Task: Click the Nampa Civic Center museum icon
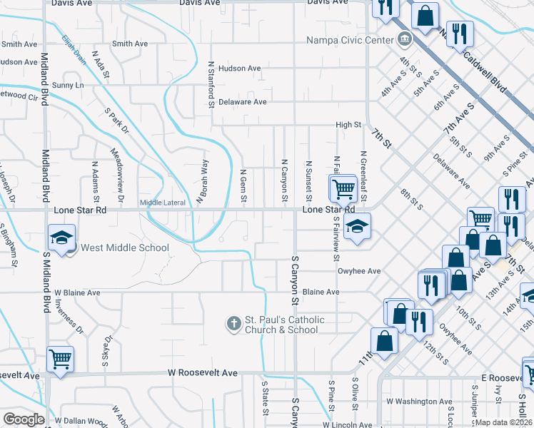tap(404, 39)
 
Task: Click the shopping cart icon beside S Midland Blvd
tap(60, 360)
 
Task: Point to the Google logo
tap(23, 419)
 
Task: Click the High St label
tap(349, 125)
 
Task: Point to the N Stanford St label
tap(211, 84)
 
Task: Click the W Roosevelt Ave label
tap(203, 372)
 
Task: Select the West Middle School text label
tap(125, 248)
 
